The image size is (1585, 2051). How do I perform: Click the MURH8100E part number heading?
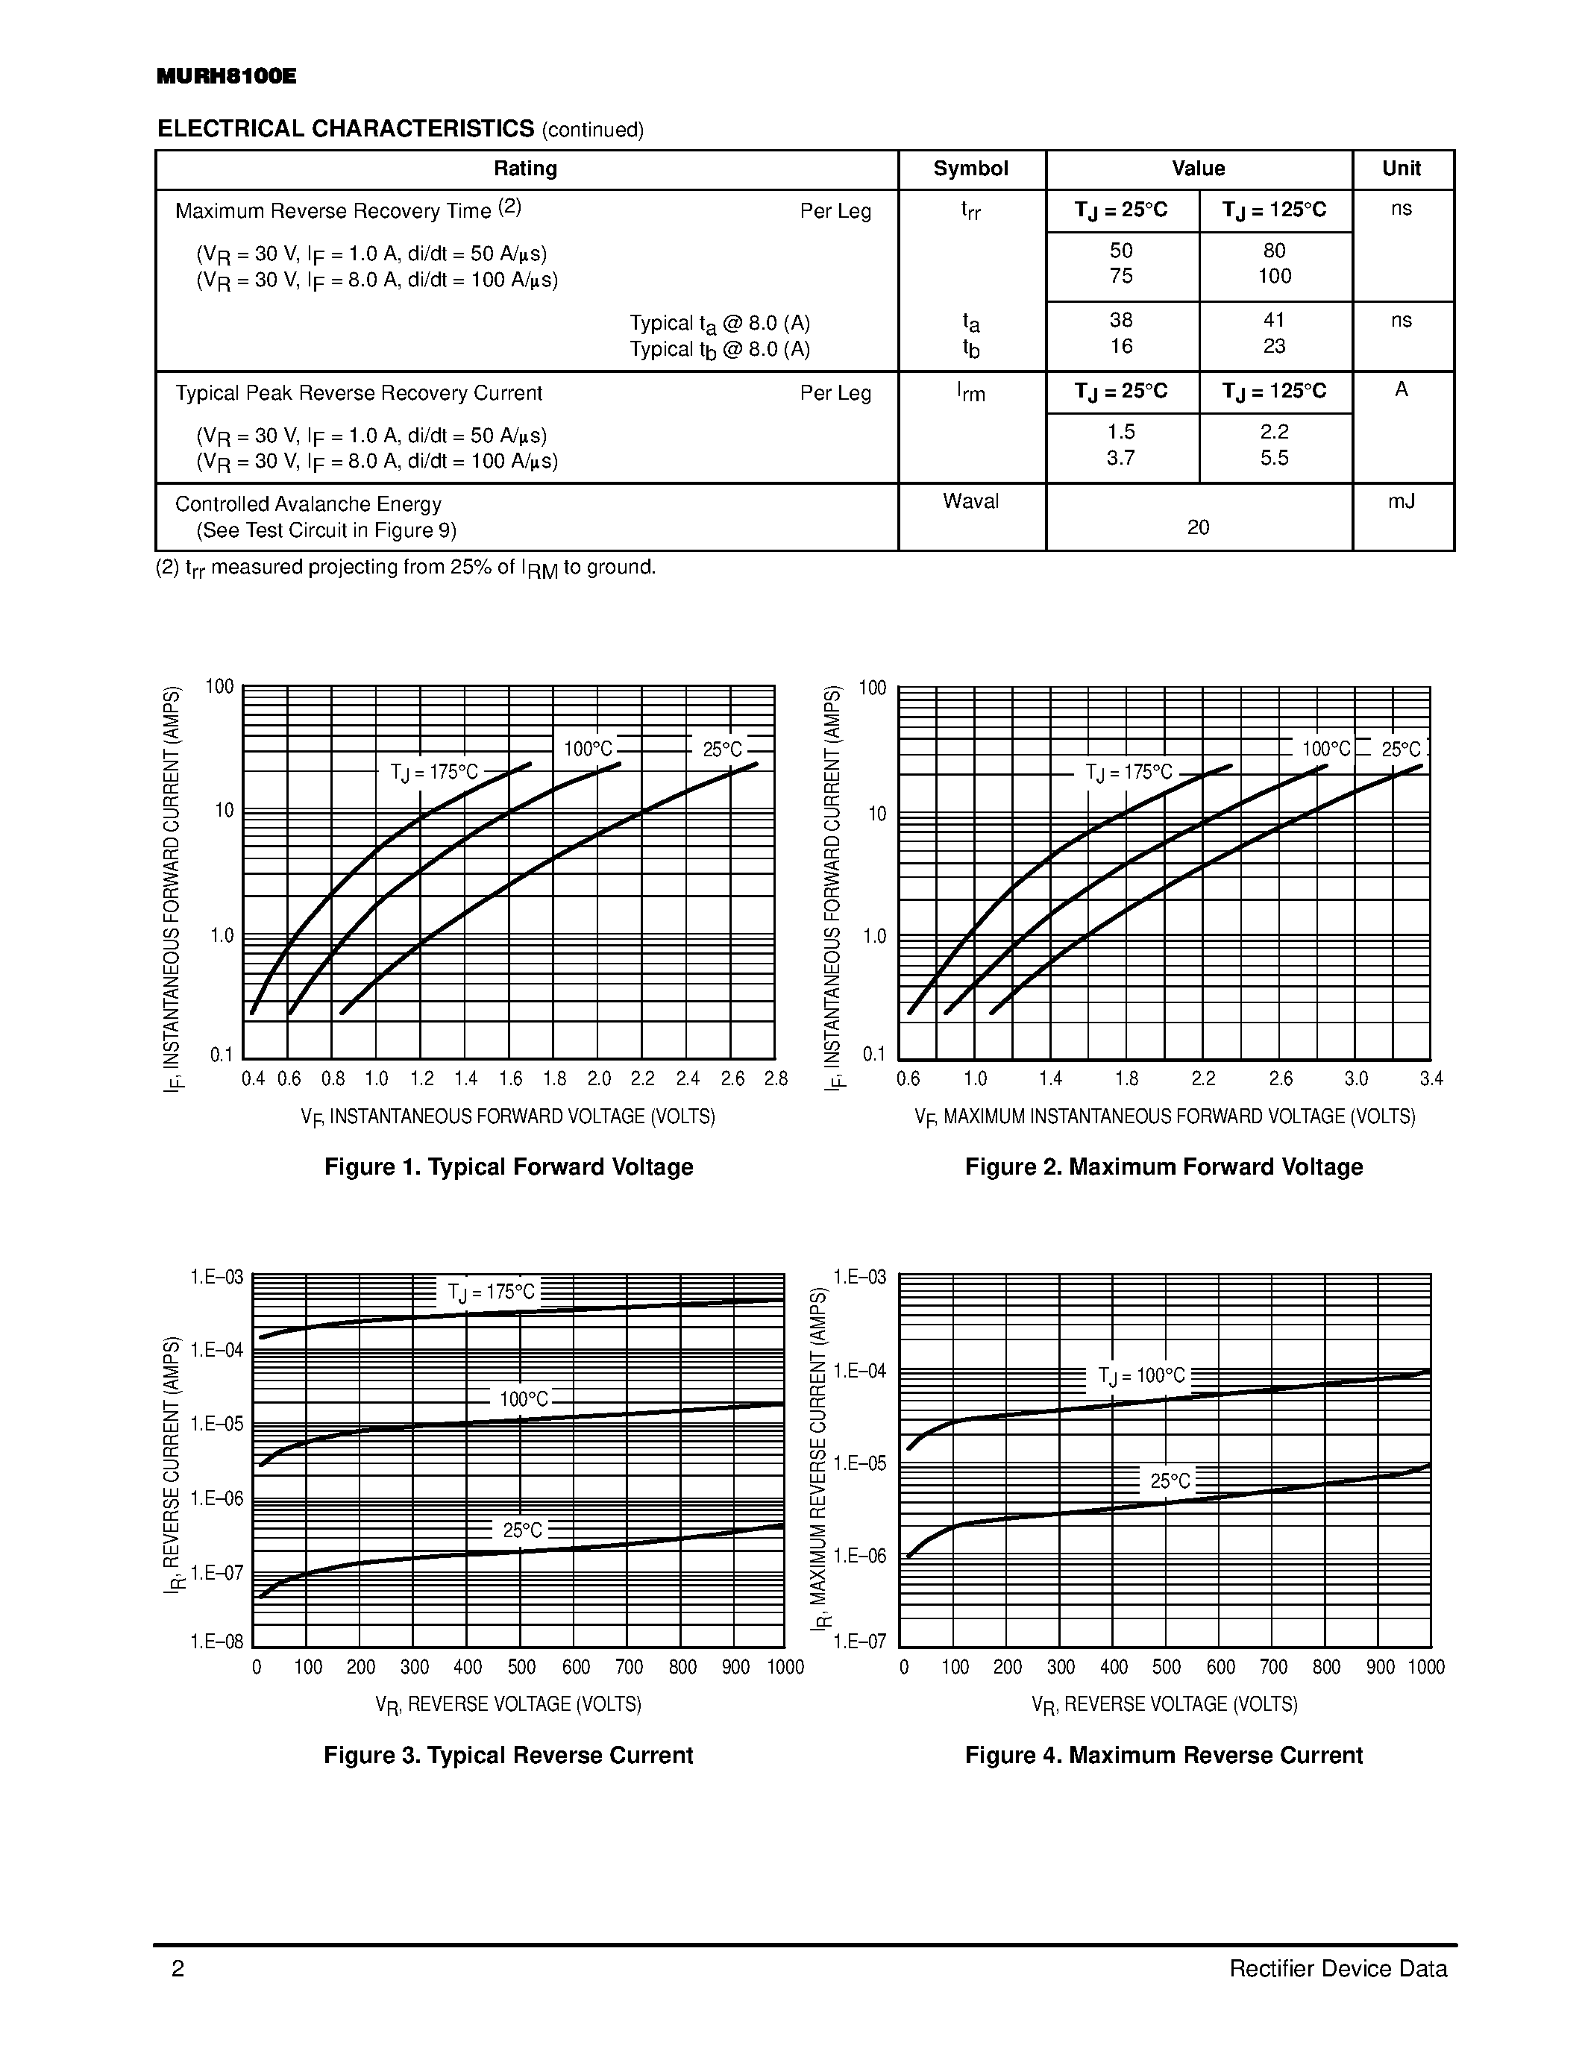pos(226,77)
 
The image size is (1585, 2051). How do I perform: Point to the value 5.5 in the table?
pos(1274,458)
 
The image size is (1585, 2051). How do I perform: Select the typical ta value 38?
pos(1121,320)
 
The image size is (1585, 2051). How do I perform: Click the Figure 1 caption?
pos(508,1167)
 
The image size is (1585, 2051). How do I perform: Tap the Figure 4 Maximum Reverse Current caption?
pos(1164,1755)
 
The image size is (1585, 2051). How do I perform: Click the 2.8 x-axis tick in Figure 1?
pos(776,1079)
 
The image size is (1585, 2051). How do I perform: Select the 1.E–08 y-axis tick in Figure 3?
pos(217,1642)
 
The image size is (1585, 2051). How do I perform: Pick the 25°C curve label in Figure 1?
pos(722,750)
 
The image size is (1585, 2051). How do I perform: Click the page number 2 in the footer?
pos(178,1968)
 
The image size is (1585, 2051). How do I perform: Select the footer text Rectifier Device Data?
pos(1338,1968)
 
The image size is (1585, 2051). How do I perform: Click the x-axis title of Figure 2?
pos(1164,1117)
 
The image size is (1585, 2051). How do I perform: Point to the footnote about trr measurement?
pos(406,568)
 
